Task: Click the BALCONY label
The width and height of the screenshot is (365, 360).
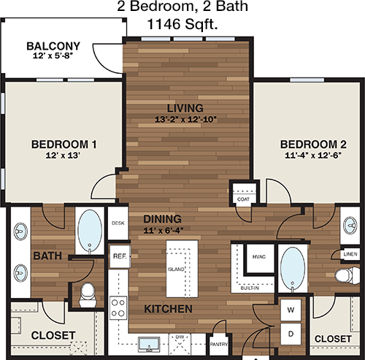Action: (x=53, y=46)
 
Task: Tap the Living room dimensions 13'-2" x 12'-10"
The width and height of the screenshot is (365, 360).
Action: (x=185, y=120)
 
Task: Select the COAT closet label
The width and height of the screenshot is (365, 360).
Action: (x=243, y=199)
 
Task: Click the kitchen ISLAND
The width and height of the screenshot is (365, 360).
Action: (x=182, y=269)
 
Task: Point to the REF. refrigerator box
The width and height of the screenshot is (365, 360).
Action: (x=120, y=256)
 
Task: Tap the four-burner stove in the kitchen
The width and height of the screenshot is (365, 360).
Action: (x=118, y=307)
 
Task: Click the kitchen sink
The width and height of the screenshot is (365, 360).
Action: (x=149, y=344)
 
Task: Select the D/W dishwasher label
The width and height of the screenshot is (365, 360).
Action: (x=180, y=337)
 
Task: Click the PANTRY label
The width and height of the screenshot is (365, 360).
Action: (x=219, y=344)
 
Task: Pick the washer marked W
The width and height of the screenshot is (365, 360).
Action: (x=291, y=310)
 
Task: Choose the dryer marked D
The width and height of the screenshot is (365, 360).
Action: (x=291, y=334)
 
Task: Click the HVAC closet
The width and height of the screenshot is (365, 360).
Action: (x=260, y=258)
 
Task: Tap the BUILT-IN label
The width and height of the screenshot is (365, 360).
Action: (x=250, y=288)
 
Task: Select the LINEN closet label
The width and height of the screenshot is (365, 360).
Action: (x=350, y=254)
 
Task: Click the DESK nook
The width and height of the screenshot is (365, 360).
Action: (x=118, y=223)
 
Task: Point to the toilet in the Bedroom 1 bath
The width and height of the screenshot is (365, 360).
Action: (x=88, y=295)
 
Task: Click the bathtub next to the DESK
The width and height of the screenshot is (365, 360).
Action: (x=90, y=230)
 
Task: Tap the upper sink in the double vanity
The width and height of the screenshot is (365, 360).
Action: (x=20, y=231)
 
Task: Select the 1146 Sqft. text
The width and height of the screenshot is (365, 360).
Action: (x=182, y=24)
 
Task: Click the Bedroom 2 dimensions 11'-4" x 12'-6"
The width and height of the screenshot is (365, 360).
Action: (x=313, y=156)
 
